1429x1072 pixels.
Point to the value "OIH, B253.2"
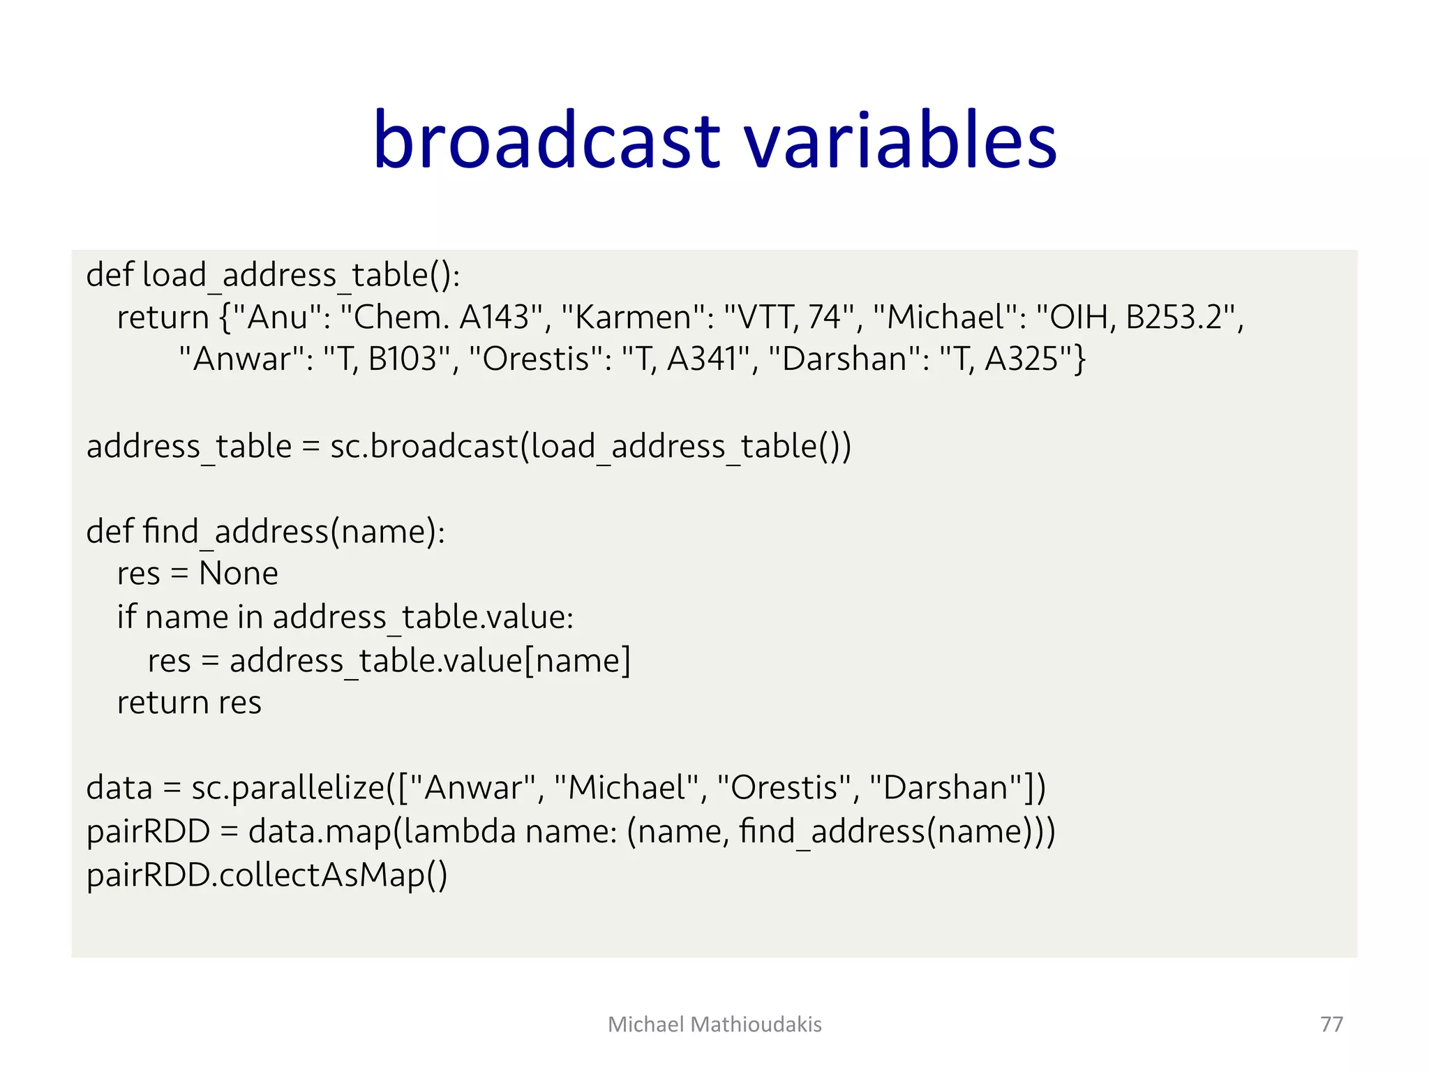(x=1135, y=318)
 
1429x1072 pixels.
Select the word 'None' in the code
(x=239, y=574)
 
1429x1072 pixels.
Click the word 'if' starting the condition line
(x=126, y=617)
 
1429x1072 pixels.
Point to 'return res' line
(x=189, y=703)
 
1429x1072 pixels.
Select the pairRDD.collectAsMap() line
(x=267, y=875)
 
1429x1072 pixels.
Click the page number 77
(x=1331, y=1024)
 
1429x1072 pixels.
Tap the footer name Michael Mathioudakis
(x=714, y=1024)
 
